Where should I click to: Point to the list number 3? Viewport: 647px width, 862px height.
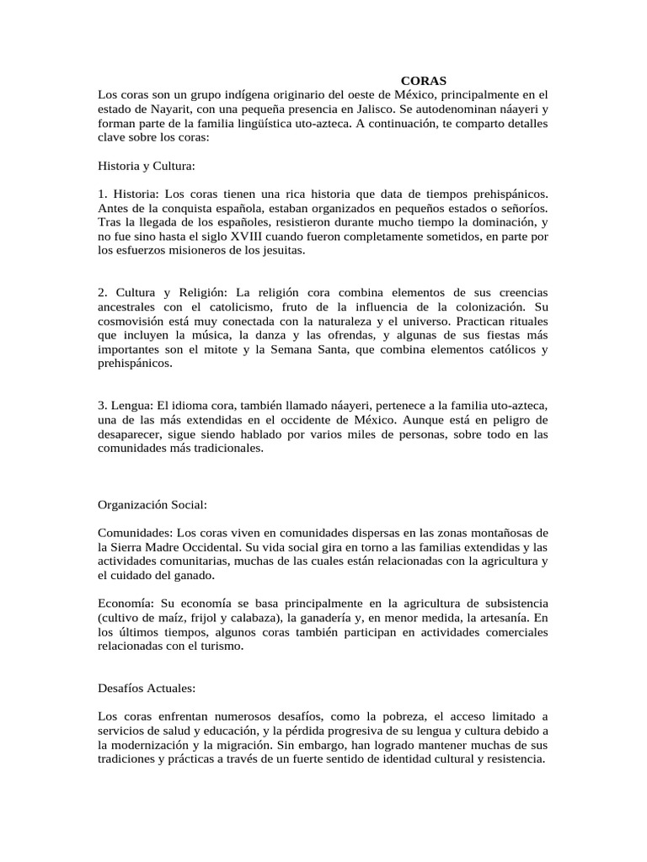tap(102, 406)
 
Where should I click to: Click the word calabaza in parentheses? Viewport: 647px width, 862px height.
tap(239, 618)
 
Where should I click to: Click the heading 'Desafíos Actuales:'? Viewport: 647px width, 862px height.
tap(147, 689)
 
